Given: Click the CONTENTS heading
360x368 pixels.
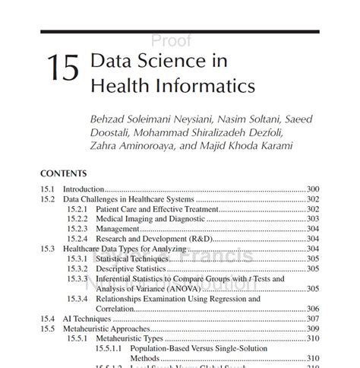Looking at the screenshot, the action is point(64,173).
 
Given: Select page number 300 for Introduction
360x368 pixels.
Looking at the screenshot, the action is point(312,189).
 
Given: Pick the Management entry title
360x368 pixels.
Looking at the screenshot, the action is point(117,228).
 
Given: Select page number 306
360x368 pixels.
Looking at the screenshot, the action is point(312,308).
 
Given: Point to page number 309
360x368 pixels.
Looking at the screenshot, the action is point(312,328).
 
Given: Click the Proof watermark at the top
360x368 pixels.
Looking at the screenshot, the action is point(172,41).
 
